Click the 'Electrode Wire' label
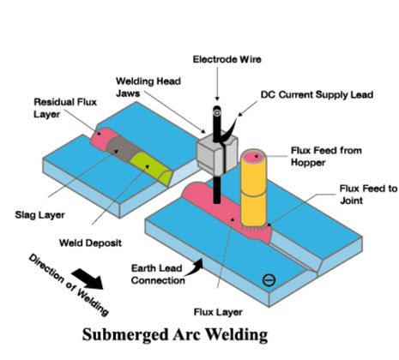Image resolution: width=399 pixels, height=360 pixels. (227, 59)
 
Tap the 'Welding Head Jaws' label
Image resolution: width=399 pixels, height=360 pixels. (148, 87)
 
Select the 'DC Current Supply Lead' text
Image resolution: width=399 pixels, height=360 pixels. (317, 95)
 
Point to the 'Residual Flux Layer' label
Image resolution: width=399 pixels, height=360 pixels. (65, 108)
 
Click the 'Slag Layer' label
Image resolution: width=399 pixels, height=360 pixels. (39, 215)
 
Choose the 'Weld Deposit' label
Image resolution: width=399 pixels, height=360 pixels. (90, 243)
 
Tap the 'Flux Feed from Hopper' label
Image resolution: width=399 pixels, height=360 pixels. (326, 156)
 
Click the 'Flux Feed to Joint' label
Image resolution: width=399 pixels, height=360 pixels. (368, 195)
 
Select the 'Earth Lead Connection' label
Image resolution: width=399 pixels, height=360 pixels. (158, 274)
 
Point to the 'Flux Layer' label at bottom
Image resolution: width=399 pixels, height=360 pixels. (218, 312)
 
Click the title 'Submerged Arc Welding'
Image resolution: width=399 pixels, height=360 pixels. (175, 334)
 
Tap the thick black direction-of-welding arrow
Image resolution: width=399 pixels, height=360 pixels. (88, 279)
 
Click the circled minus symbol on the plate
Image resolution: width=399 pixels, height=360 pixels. (269, 279)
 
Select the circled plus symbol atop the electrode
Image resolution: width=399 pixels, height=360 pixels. (217, 112)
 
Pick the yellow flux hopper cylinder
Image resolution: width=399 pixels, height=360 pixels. (253, 189)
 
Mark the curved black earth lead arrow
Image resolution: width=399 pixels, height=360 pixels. (194, 268)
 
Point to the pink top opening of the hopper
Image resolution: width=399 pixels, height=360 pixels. (253, 156)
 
